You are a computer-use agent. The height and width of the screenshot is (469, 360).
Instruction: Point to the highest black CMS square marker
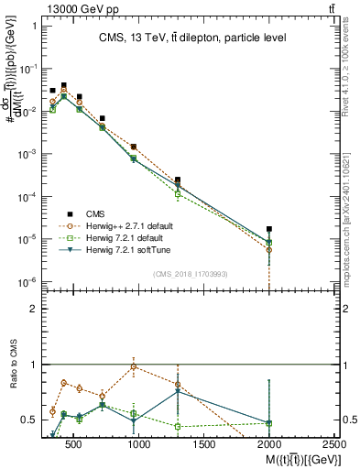tap(63, 85)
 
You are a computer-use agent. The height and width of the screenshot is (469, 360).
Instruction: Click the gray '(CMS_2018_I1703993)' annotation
tap(191, 274)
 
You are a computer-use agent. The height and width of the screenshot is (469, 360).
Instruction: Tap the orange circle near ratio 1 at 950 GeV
tap(134, 366)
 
